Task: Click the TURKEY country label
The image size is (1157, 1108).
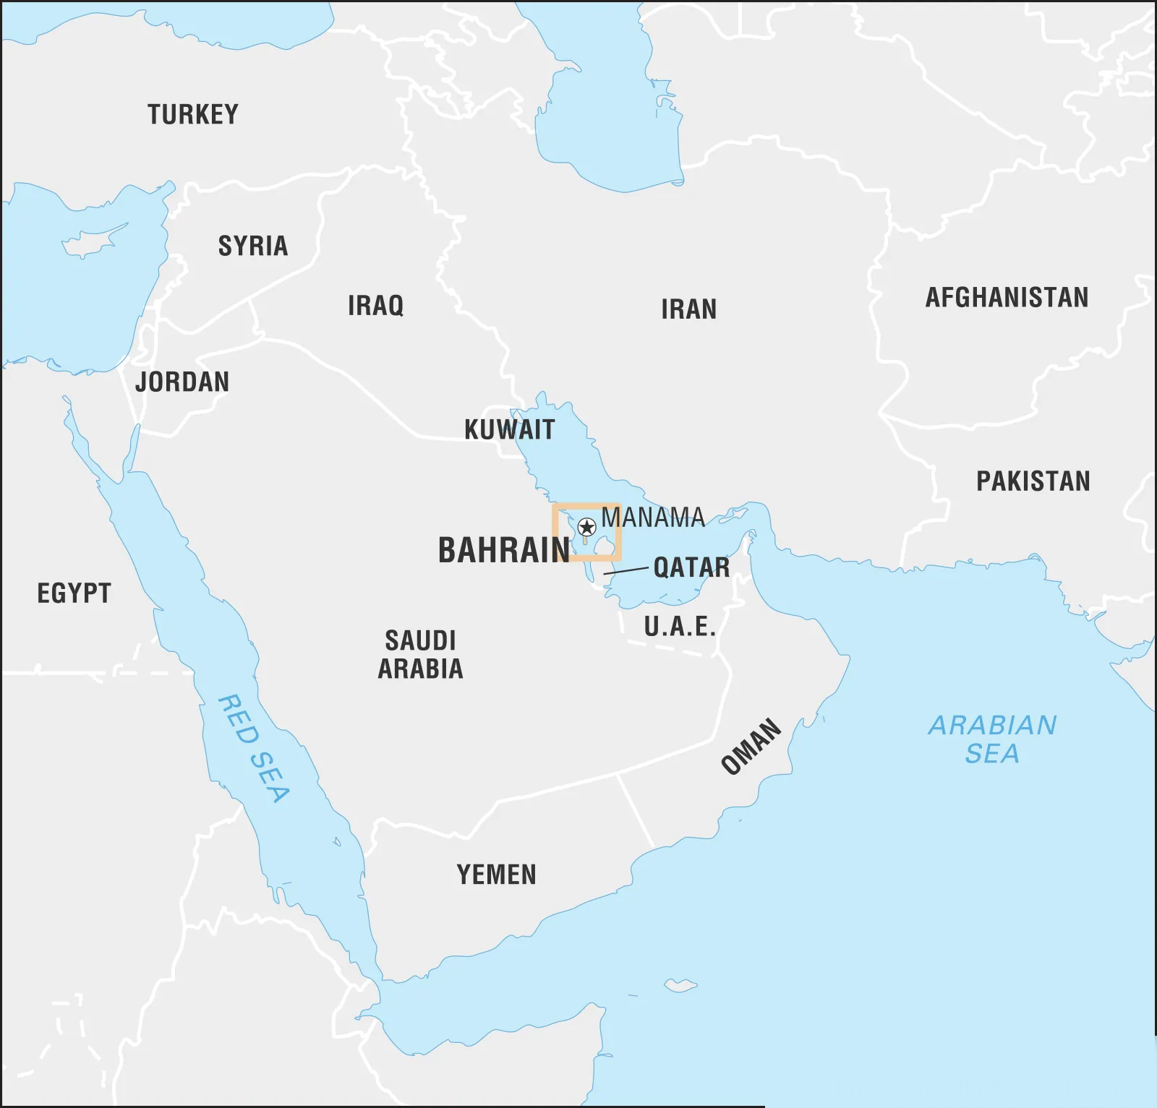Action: pos(193,115)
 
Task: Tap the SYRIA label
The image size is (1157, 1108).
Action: pos(253,246)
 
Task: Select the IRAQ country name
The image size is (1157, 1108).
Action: pos(375,306)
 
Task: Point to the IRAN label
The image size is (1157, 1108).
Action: pos(688,310)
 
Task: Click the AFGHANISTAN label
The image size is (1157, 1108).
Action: pos(1007,298)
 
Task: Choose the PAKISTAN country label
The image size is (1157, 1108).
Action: pos(1033,481)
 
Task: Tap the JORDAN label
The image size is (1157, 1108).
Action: pos(182,382)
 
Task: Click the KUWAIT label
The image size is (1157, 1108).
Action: pos(509,430)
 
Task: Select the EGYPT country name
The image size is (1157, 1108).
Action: pos(74,593)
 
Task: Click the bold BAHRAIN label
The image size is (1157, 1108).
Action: pos(504,551)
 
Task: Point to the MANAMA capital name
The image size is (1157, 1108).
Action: pos(652,518)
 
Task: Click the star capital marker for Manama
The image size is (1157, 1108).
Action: pos(587,527)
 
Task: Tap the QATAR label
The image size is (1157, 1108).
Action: pos(691,567)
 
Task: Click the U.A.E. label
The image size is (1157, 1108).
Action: pos(680,627)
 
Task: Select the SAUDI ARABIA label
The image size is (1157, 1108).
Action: pos(420,655)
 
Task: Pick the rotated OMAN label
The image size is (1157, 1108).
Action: pos(751,747)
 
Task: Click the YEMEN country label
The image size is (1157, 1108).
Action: pos(496,875)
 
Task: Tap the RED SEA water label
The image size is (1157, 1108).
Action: pos(254,749)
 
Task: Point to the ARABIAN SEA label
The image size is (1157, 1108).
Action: pos(992,739)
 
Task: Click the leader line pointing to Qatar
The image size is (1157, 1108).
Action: pos(626,571)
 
